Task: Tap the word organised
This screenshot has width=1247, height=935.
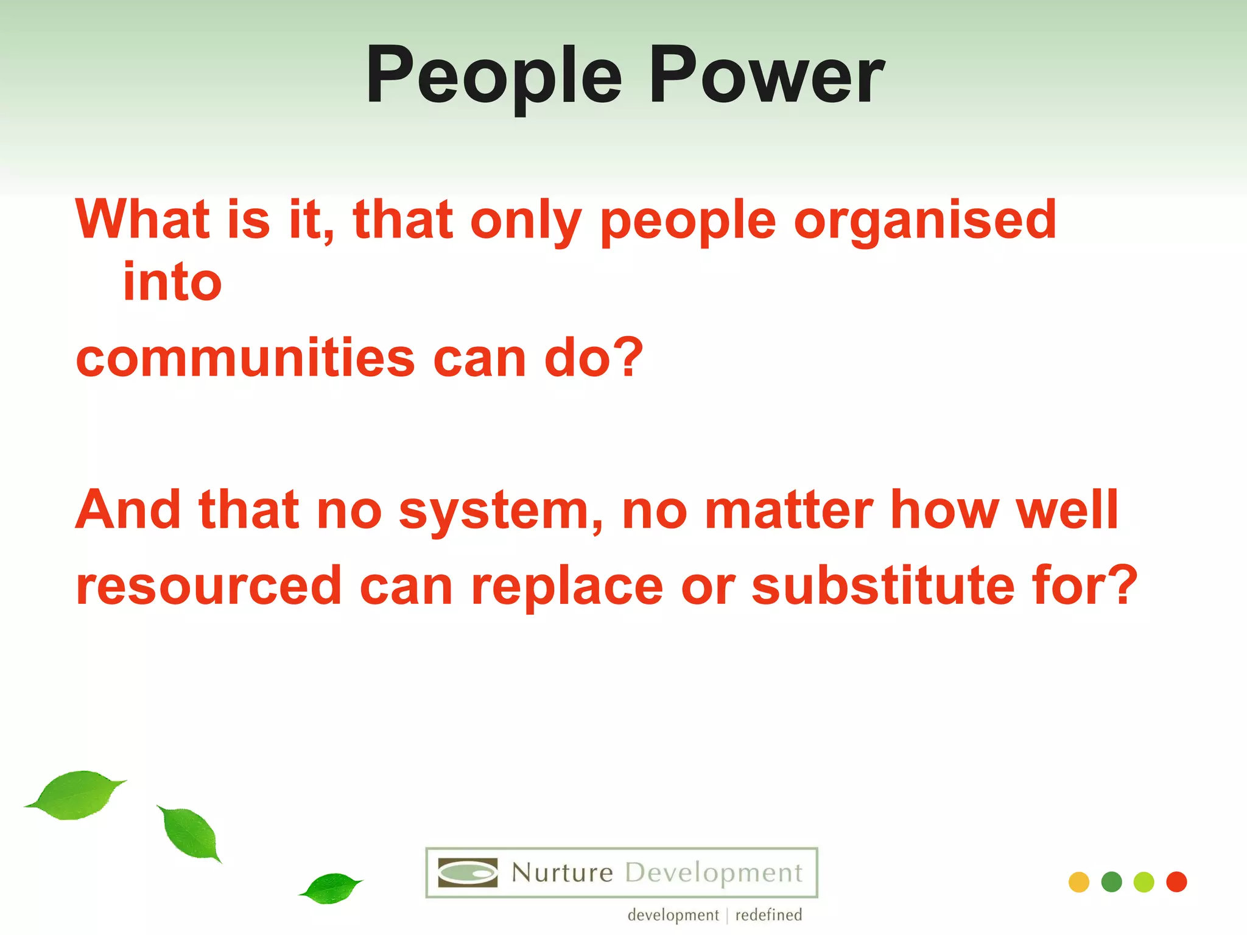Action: tap(926, 220)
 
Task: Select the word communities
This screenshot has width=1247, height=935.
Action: tap(245, 358)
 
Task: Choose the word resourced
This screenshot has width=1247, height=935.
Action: tap(209, 586)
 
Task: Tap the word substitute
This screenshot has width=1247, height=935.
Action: tap(883, 586)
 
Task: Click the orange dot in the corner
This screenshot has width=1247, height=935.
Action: tap(1078, 882)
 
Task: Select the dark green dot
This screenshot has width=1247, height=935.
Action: tap(1111, 882)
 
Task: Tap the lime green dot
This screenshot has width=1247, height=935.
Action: tap(1143, 882)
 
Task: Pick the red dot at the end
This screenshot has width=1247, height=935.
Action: tap(1176, 882)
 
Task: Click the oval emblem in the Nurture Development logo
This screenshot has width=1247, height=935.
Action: tap(468, 873)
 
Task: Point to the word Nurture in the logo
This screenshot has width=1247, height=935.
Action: tap(562, 873)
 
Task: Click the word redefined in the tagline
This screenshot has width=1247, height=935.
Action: tap(768, 915)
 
